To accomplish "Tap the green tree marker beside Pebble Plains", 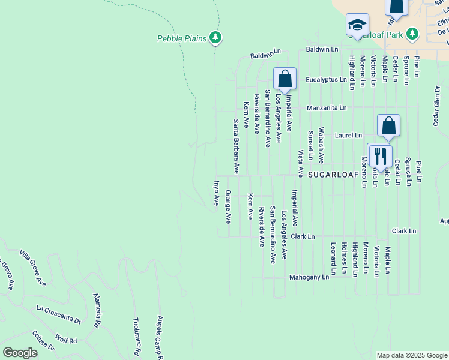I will click(x=215, y=38).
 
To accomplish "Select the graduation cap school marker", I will click(x=357, y=25).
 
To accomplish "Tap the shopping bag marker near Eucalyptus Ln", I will click(x=285, y=79).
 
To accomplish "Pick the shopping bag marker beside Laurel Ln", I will click(x=388, y=125).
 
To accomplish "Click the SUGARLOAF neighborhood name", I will click(x=333, y=174).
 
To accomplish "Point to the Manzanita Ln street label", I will click(x=327, y=108).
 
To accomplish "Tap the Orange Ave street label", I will click(x=228, y=207).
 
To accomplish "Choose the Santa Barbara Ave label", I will click(x=237, y=146).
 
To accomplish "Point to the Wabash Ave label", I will click(x=321, y=145).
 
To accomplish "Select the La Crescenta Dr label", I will click(x=58, y=314).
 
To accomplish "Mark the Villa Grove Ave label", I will click(x=32, y=268).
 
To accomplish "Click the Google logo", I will click(x=20, y=353).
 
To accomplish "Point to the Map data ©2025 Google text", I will click(x=411, y=355).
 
